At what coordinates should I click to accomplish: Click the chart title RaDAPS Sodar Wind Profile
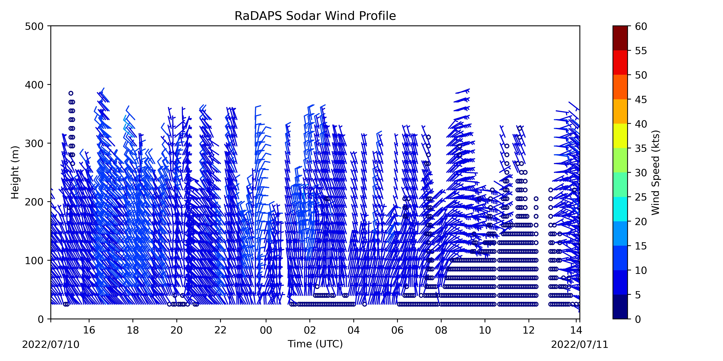point(315,16)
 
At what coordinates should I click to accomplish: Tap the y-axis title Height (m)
point(15,172)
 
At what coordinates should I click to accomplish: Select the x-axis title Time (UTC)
point(315,344)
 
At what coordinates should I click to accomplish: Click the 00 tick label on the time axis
point(266,330)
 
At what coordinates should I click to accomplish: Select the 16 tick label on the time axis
point(89,330)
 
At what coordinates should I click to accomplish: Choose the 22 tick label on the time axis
point(220,330)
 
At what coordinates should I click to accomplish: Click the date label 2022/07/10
point(51,344)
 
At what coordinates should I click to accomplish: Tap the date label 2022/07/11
point(580,344)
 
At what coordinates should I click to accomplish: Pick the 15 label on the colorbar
point(641,246)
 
